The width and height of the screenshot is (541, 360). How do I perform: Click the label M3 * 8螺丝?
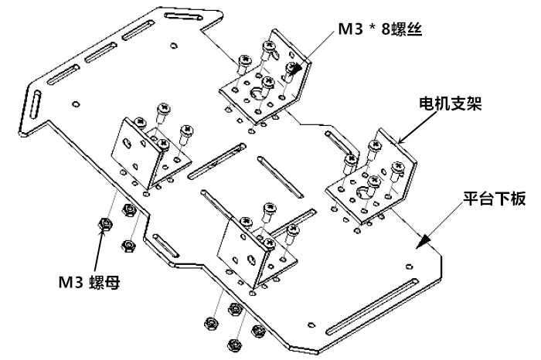[380, 29]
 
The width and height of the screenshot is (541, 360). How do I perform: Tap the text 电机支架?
[451, 103]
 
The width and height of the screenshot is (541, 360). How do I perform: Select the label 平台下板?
[494, 199]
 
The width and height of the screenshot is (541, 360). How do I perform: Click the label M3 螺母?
[89, 283]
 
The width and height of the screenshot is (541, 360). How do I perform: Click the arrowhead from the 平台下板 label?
[423, 241]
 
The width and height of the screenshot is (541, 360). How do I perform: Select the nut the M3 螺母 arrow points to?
[105, 225]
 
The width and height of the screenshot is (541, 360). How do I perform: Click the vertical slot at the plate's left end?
[36, 104]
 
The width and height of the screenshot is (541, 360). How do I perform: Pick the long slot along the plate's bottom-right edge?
[372, 307]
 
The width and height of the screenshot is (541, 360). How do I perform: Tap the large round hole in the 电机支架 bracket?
[362, 192]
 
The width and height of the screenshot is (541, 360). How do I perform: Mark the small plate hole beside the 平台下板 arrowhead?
[409, 266]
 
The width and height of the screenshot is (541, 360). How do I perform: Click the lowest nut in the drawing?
[234, 345]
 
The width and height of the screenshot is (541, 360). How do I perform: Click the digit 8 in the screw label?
[386, 29]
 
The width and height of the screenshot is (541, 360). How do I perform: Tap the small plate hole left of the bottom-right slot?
[311, 324]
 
